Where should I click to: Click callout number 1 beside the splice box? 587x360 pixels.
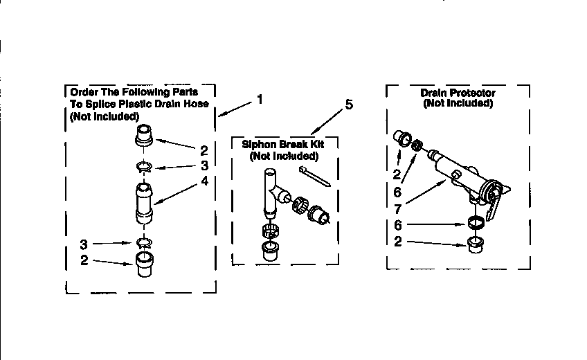coord(260,99)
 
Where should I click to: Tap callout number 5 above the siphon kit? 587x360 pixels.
coord(349,105)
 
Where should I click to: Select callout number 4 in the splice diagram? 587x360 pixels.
coord(204,182)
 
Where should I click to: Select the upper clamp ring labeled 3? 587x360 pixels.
coord(144,166)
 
